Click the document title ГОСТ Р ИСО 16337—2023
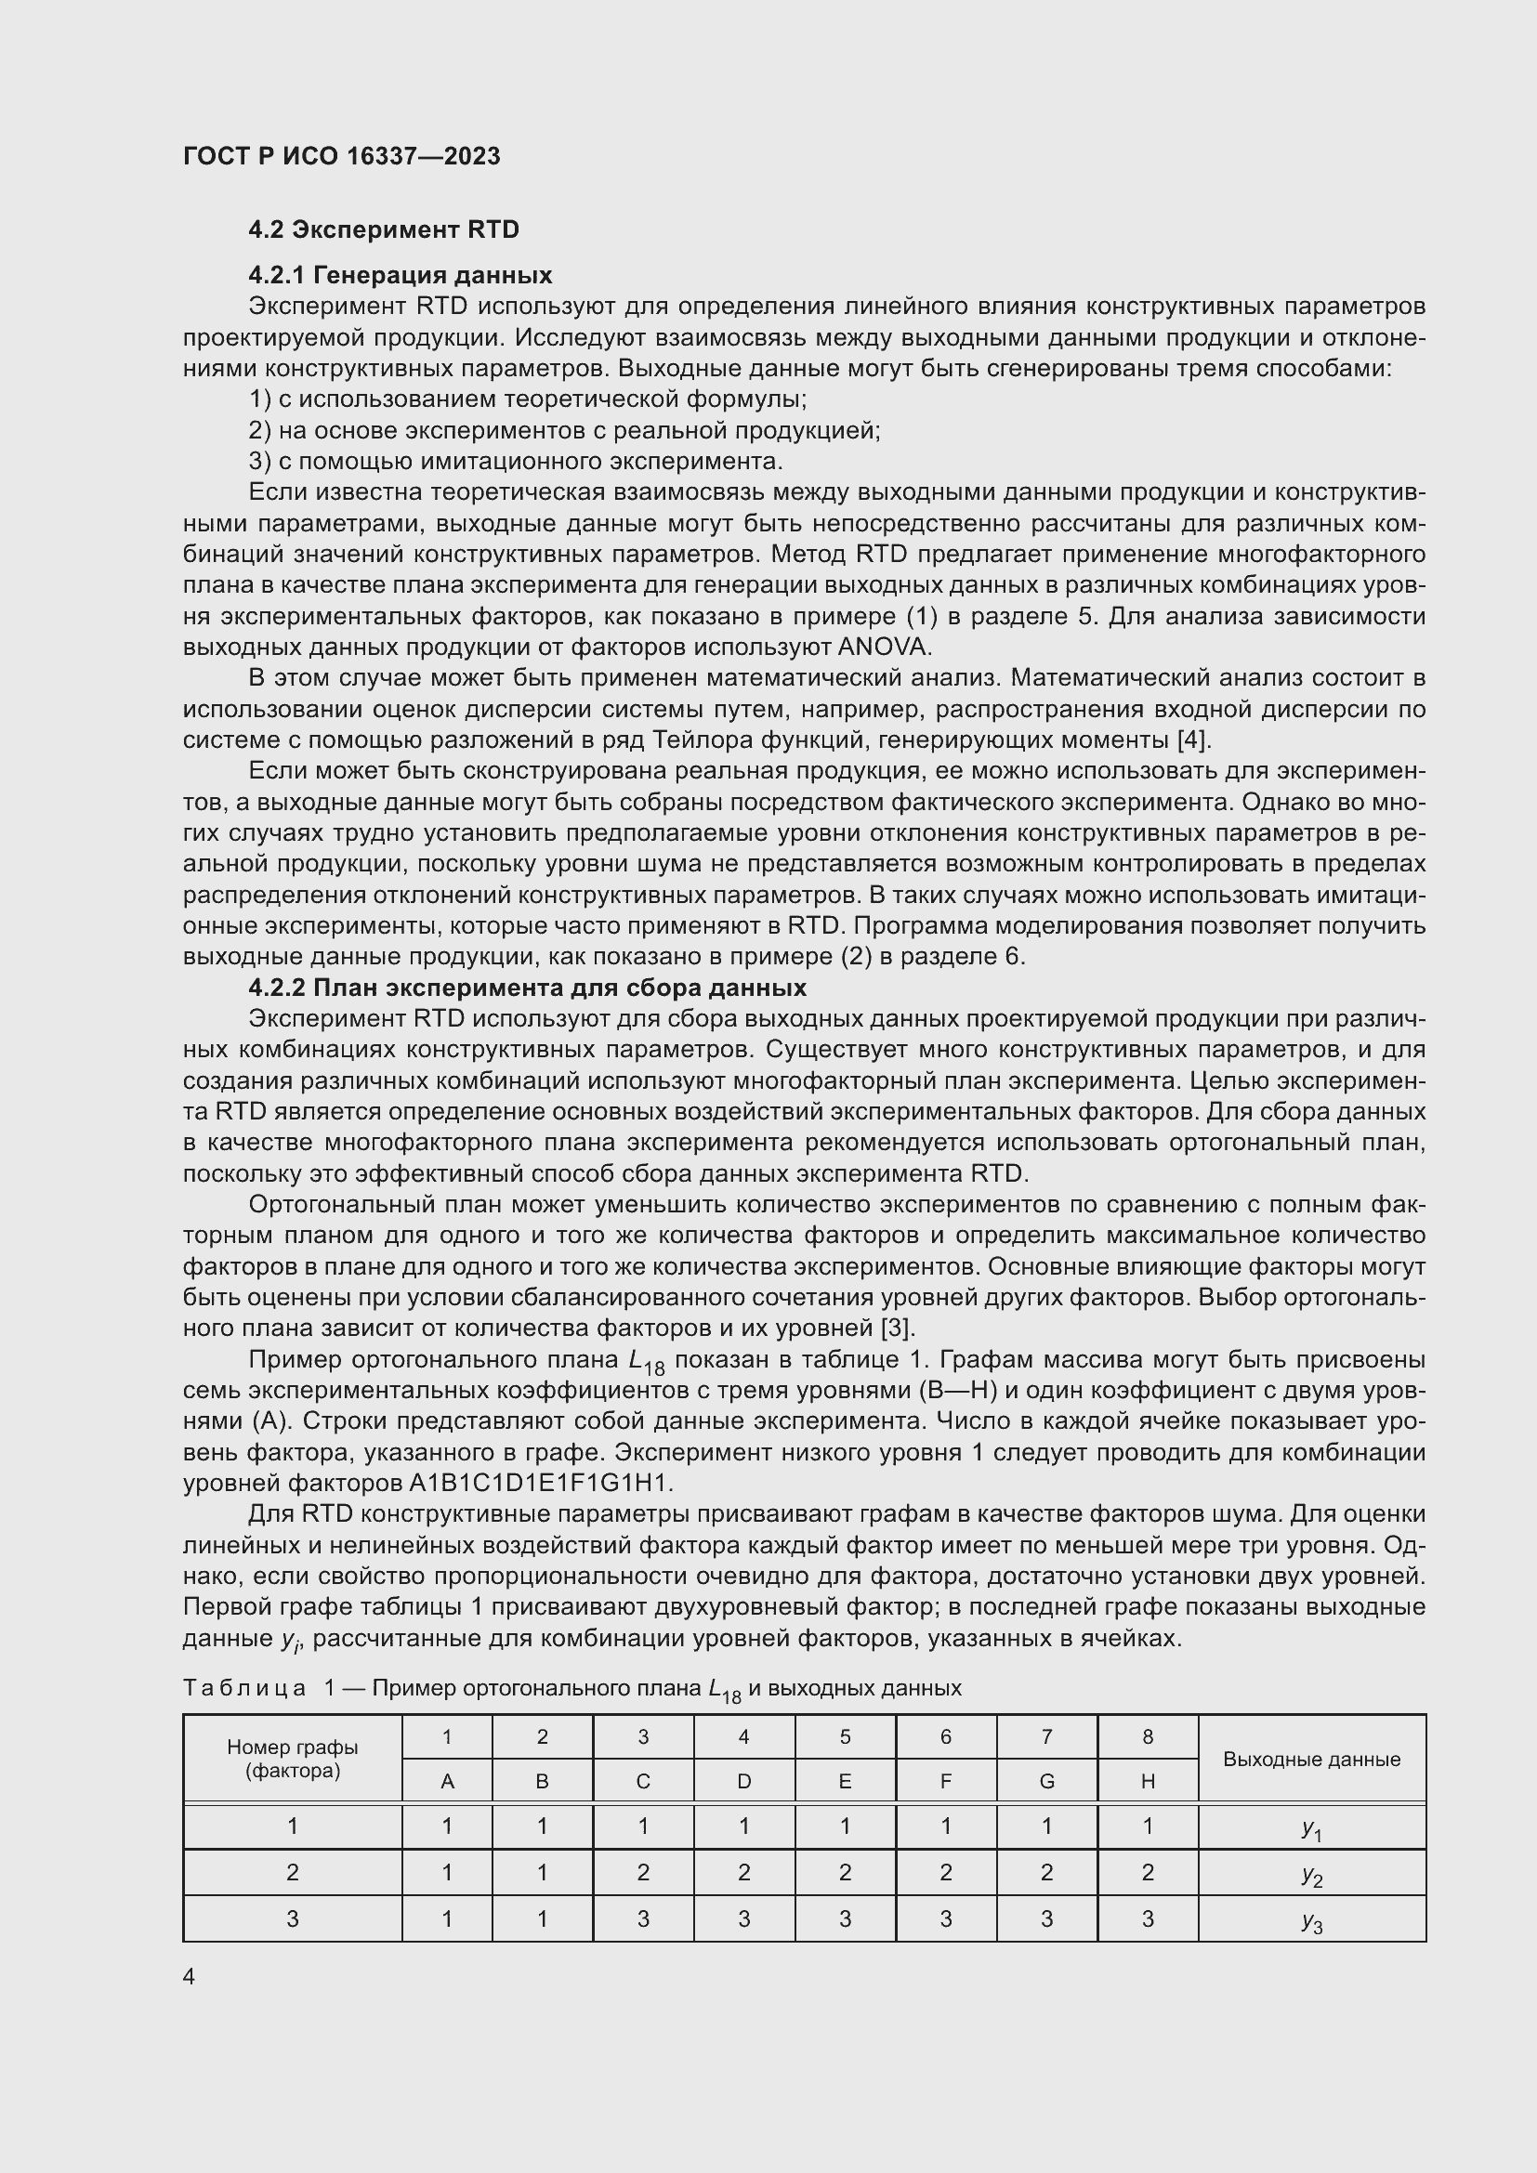341,156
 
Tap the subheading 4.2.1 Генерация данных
400,275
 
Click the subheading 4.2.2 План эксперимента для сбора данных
527,988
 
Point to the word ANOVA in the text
884,648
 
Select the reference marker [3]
898,1328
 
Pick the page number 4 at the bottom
190,1976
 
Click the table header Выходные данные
1311,1760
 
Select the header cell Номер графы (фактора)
293,1760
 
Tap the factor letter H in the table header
1147,1781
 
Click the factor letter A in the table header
448,1781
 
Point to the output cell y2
1311,1874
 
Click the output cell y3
1311,1920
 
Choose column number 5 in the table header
844,1736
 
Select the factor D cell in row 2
744,1872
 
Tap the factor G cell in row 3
1045,1918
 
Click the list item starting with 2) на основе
564,431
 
